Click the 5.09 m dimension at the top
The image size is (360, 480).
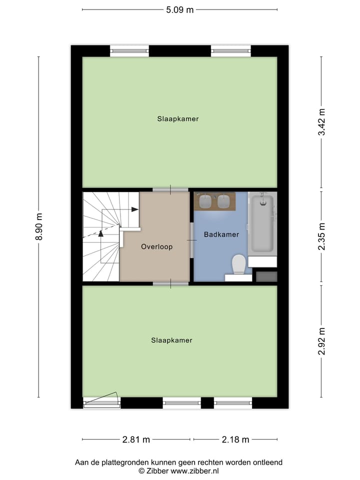(179, 9)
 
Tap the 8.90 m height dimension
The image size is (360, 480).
(38, 227)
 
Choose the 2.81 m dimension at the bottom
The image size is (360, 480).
(136, 439)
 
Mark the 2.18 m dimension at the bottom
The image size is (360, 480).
(235, 439)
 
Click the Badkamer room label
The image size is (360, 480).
(221, 234)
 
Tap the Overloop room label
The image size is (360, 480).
(156, 246)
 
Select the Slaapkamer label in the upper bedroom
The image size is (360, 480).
(178, 119)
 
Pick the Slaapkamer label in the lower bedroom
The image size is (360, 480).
(171, 340)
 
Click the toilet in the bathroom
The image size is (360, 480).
(238, 264)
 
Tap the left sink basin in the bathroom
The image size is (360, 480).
(205, 201)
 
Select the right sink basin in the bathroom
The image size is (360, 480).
(223, 201)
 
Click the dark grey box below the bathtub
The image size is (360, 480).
(266, 276)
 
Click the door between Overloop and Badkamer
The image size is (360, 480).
(191, 240)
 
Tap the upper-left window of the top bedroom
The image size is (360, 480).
(129, 51)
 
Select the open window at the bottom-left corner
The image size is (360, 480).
(101, 401)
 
